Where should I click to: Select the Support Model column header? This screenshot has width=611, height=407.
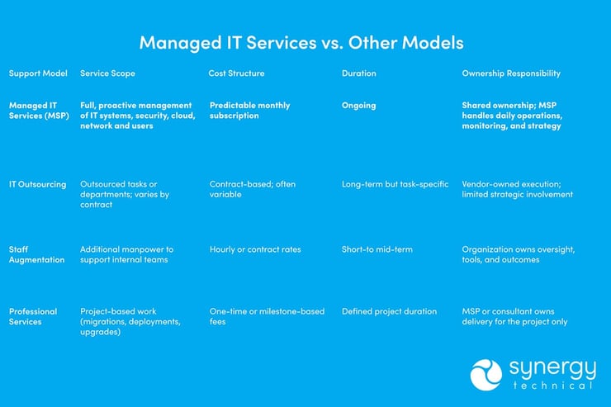point(38,73)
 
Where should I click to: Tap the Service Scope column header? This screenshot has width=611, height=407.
point(107,73)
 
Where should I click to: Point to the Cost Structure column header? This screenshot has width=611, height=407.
point(237,73)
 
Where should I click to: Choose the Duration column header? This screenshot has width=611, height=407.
point(359,73)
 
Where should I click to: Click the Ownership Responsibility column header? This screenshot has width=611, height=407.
point(511,73)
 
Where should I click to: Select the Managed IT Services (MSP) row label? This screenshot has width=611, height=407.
point(38,111)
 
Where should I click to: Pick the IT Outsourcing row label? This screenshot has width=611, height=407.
point(38,184)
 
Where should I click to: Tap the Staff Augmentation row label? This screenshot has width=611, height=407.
point(36,254)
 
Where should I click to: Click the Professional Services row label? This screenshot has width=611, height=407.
point(33,316)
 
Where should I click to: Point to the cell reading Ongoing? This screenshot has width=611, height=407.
point(359,106)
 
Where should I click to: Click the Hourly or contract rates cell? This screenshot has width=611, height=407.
point(255,249)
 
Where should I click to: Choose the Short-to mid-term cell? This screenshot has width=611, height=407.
point(377,249)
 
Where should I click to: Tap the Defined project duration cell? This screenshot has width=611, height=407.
point(390,311)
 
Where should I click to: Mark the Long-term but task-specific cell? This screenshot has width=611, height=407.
point(395,184)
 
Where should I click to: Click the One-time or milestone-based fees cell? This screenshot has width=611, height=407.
point(267,316)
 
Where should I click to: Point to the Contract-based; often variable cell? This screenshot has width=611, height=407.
point(251,189)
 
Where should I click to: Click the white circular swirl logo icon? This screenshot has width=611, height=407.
point(486,374)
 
